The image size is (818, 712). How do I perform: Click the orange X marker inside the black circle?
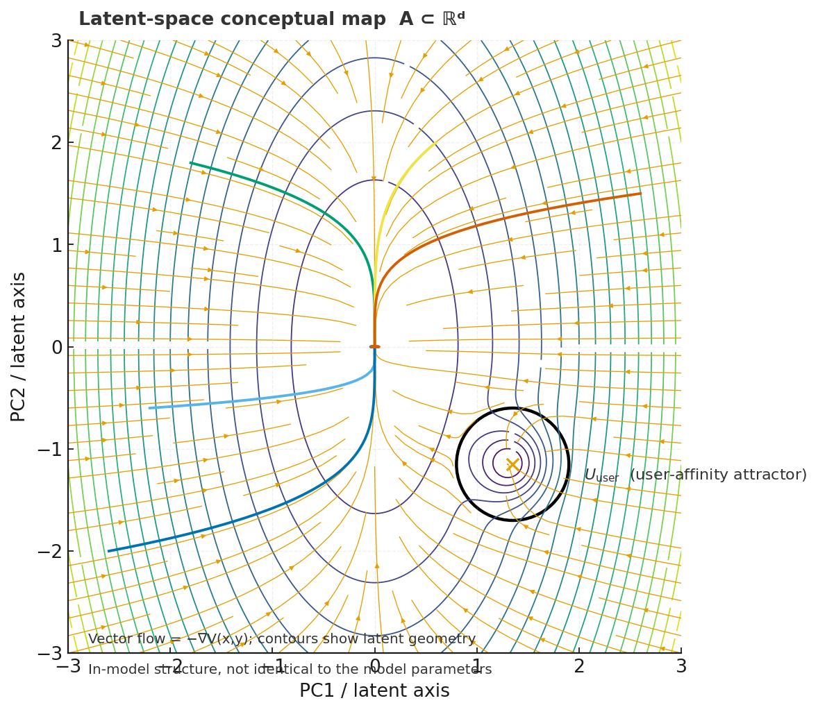(512, 464)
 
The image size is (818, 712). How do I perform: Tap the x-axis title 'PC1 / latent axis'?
(374, 691)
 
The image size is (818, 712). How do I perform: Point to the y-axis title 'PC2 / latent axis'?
(19, 346)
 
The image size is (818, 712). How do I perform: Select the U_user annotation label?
(601, 475)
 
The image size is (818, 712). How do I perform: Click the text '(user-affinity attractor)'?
(718, 475)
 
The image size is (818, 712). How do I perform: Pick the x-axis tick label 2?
(579, 666)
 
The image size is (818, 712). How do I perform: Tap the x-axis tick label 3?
(681, 666)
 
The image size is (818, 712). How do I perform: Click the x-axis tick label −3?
(68, 666)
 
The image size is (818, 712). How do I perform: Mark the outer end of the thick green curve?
(191, 163)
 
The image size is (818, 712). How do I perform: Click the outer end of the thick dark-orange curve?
(640, 194)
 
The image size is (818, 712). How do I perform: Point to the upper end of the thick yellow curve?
(435, 143)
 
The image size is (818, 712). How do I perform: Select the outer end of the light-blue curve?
(150, 408)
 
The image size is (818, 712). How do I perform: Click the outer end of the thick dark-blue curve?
(108, 551)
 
